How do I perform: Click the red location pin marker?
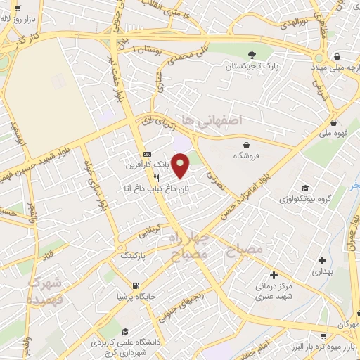181,166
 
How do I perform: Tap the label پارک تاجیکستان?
251,69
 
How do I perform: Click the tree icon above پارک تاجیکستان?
251,56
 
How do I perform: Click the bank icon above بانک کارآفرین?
147,154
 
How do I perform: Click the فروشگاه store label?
251,155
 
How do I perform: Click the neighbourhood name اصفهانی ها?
211,121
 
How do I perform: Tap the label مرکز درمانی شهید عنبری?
274,292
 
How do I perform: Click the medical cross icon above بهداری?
321,259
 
